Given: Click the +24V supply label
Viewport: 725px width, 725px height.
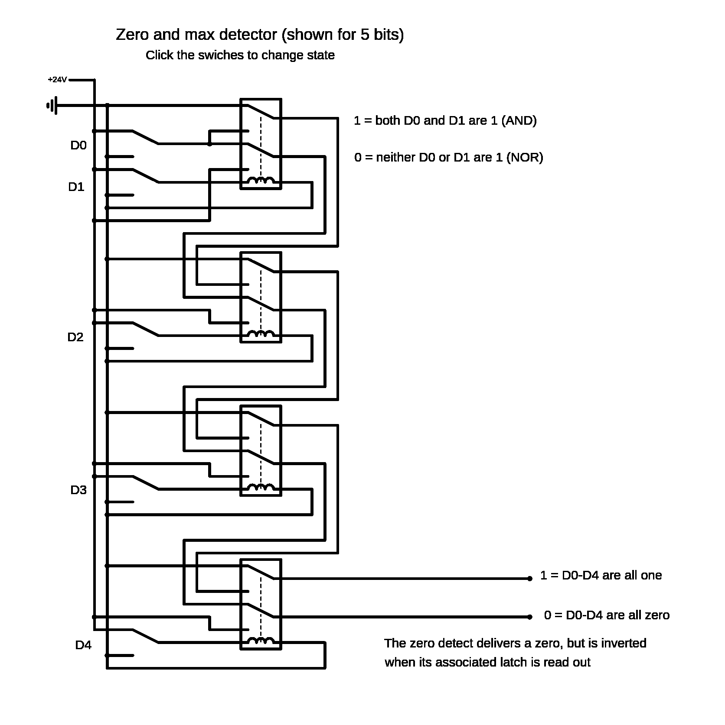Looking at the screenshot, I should (58, 80).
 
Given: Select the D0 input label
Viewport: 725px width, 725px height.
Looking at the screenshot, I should (78, 146).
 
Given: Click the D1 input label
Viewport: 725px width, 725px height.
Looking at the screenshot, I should (76, 187).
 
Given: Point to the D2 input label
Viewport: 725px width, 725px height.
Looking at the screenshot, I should (75, 337).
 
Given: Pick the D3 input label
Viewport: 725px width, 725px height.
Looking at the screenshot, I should (78, 490).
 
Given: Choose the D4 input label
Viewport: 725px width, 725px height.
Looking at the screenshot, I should (83, 645).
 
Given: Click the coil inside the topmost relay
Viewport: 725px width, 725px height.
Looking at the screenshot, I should (261, 181).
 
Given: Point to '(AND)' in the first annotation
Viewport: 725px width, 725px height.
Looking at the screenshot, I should (519, 120).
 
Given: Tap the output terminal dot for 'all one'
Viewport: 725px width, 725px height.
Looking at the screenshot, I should (529, 579).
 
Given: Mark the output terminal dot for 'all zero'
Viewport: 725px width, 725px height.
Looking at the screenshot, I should (529, 617).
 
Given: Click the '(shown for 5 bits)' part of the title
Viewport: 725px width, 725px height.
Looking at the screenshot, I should (343, 35).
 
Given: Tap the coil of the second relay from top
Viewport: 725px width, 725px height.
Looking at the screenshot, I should (261, 334).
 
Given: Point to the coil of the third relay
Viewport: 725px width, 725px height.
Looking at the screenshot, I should (261, 487).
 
